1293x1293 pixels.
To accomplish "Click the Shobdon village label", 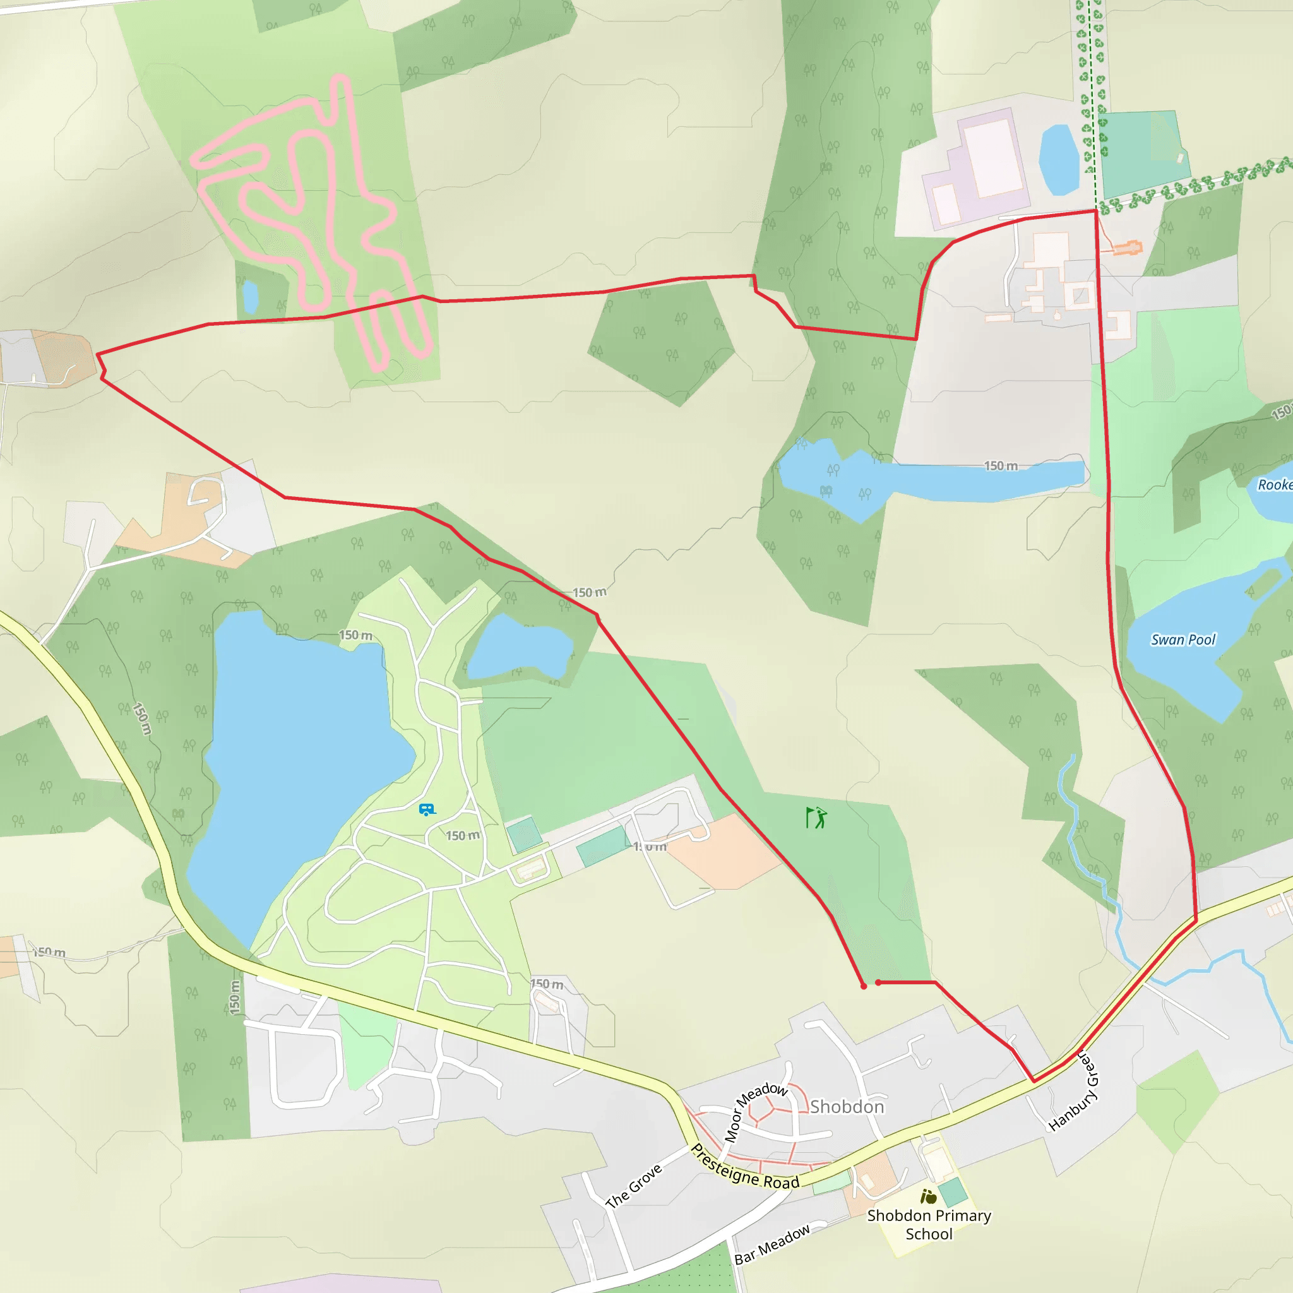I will point(847,1106).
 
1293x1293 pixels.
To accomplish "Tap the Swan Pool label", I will point(1183,640).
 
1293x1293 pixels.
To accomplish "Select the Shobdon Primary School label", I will point(929,1224).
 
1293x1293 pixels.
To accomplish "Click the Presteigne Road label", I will point(745,1167).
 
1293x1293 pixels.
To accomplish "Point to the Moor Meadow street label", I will point(755,1111).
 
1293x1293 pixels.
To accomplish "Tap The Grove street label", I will point(633,1186).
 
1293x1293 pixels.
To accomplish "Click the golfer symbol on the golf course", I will point(816,817).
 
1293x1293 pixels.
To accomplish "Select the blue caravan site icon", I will point(426,810).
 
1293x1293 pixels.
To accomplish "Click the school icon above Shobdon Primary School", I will point(928,1196).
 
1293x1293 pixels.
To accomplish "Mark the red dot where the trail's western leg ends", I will point(863,986).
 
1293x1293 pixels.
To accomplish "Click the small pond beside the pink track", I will point(250,297).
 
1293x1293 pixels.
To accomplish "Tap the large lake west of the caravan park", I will point(301,756).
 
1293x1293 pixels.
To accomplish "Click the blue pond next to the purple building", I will point(1059,159).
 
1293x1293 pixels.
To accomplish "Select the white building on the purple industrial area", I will point(993,157).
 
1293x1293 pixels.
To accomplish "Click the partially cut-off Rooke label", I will point(1274,484).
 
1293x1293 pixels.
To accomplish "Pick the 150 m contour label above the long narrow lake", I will point(1001,466).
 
